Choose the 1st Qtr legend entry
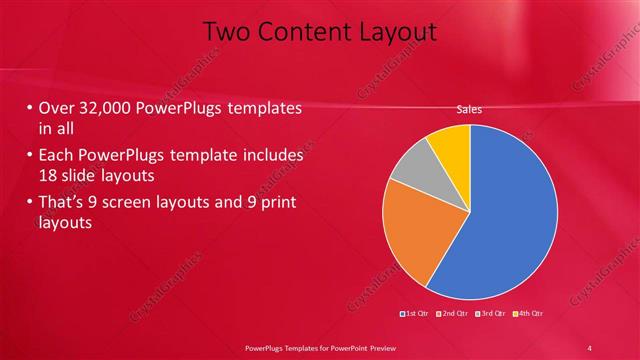414,314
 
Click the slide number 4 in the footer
590,347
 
